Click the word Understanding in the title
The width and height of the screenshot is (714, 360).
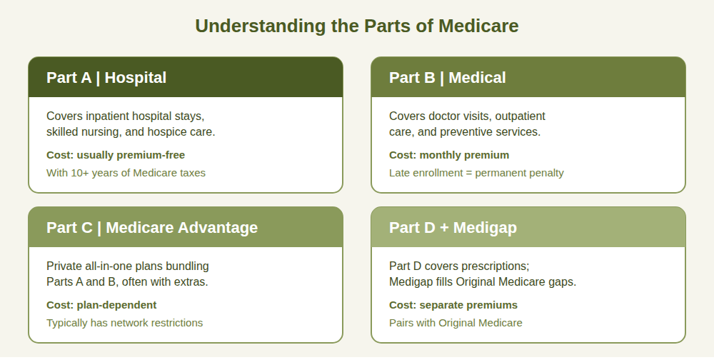[x=261, y=26]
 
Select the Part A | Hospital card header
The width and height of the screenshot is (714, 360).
[x=186, y=77]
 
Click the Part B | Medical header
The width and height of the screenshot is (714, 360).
[x=528, y=77]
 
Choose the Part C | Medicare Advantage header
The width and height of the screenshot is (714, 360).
[x=186, y=227]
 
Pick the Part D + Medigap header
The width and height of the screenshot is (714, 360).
[x=528, y=227]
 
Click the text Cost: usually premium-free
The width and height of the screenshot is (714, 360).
[x=116, y=155]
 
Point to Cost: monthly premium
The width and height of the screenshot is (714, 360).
[x=449, y=155]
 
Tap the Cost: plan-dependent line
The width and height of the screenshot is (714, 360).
[x=101, y=305]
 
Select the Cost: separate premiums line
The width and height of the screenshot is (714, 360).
[x=453, y=305]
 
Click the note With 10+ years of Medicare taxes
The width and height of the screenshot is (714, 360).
[x=126, y=173]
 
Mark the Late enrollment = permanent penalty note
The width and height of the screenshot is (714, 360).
[x=476, y=173]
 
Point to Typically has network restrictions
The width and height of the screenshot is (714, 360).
[x=125, y=323]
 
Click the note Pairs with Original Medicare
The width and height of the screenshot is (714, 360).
[x=456, y=323]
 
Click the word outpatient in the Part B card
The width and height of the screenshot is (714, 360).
[x=520, y=116]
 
